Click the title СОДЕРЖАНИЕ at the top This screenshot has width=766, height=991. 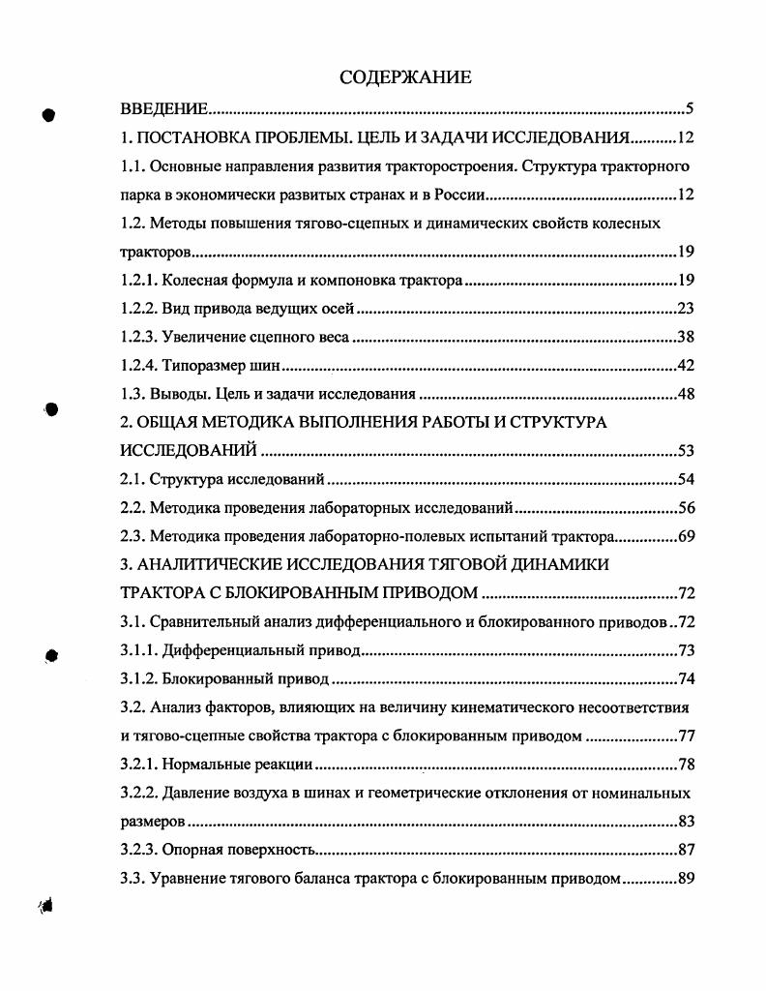[405, 76]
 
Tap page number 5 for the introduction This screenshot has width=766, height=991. [690, 109]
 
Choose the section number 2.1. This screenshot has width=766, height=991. [133, 479]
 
